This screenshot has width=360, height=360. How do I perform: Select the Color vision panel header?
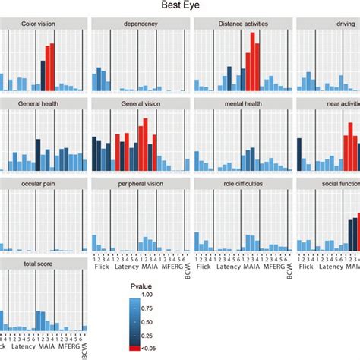tap(36, 24)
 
